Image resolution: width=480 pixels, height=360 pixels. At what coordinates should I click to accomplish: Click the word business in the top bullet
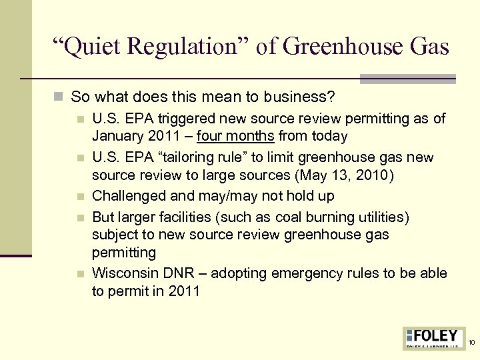[x=299, y=97]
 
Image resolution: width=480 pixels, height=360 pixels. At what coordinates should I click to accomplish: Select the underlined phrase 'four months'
[x=235, y=136]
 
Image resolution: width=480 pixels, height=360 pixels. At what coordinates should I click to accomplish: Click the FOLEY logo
[x=434, y=337]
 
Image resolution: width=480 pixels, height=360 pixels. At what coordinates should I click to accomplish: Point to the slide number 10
[x=471, y=343]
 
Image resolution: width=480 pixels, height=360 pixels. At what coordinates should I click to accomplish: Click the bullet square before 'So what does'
[x=61, y=97]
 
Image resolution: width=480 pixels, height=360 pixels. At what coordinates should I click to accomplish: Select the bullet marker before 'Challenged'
[x=81, y=197]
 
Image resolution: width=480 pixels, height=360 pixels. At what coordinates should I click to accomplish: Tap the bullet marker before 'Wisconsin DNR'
[x=81, y=274]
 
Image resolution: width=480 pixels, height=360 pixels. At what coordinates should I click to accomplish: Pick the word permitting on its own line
[x=124, y=253]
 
